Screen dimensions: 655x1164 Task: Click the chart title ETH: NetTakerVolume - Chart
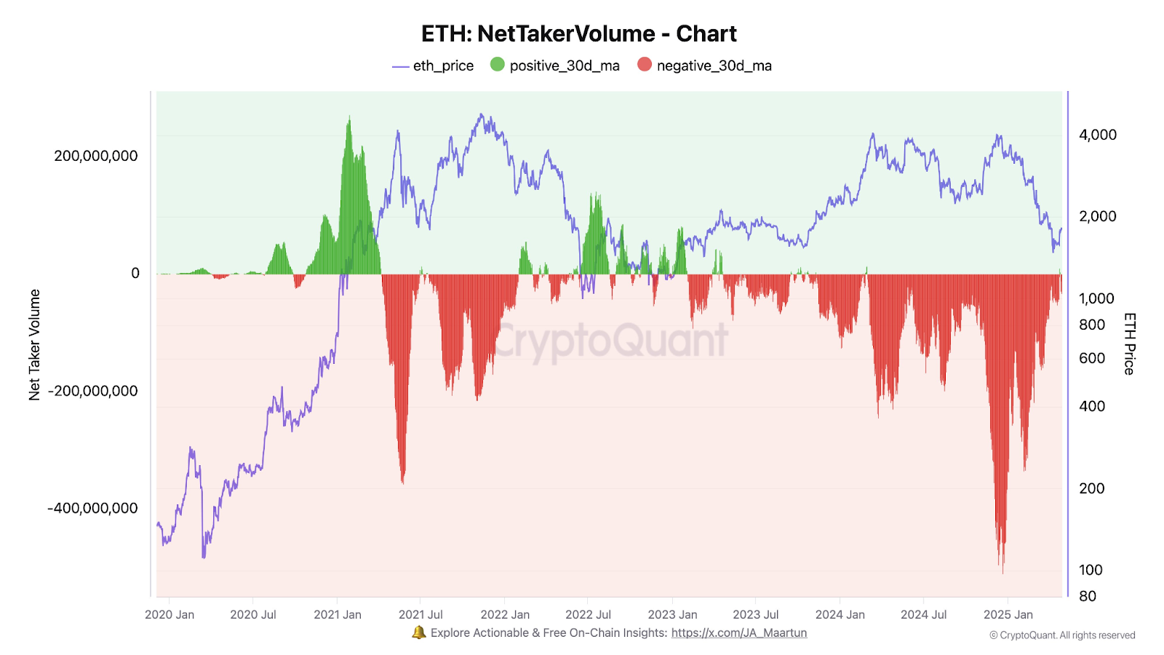point(578,33)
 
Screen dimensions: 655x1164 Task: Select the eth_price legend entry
point(433,65)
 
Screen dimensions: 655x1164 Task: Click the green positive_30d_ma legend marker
point(498,65)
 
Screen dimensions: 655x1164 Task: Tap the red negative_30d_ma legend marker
point(645,65)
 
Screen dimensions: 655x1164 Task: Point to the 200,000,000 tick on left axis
point(96,156)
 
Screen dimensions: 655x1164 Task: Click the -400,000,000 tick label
point(92,508)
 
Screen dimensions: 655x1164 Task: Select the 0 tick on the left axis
point(135,273)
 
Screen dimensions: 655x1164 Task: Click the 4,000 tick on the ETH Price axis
point(1097,135)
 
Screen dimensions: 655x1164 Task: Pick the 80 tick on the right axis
point(1088,596)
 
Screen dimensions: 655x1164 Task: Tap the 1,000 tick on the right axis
point(1096,298)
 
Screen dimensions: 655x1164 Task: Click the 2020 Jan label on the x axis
point(170,614)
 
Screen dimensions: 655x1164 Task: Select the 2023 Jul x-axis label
point(756,614)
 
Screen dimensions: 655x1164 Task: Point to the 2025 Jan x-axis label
point(1008,614)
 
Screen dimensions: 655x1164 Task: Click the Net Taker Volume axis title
point(34,345)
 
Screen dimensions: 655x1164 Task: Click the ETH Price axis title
point(1129,344)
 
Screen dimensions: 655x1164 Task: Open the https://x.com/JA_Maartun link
point(738,632)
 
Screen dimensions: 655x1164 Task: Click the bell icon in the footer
point(419,632)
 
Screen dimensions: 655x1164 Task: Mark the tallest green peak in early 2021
point(349,118)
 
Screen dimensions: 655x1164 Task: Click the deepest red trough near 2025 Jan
point(1002,571)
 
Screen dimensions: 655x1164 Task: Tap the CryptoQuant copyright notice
point(1062,635)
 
